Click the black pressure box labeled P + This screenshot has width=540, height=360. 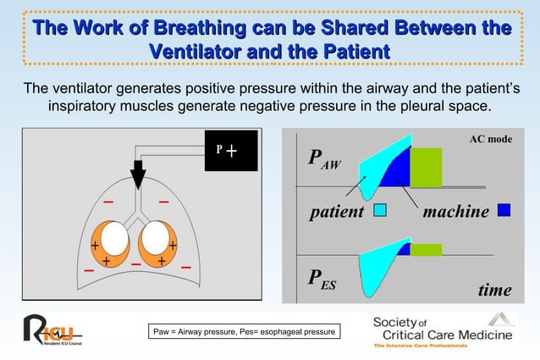click(230, 152)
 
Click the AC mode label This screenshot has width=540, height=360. click(490, 138)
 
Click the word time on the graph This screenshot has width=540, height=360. click(494, 290)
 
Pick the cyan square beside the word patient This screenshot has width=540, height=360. click(380, 210)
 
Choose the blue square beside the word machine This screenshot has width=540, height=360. click(504, 210)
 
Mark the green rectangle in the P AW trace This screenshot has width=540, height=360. click(426, 167)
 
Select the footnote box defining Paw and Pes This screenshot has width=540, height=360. click(245, 331)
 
